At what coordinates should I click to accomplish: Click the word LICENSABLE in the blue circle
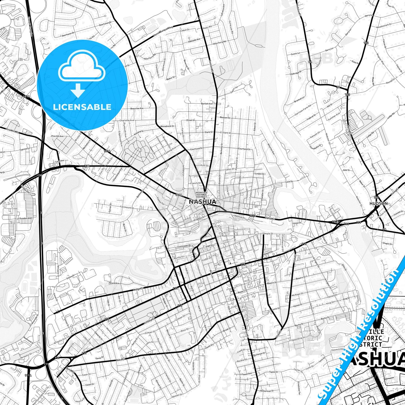(x=82, y=107)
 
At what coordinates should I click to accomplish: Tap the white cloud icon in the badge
(x=82, y=67)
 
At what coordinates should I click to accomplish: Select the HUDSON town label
(x=379, y=203)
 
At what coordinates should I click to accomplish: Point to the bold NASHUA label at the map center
(x=203, y=202)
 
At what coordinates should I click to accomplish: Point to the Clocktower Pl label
(x=184, y=246)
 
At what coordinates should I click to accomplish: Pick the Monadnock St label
(x=167, y=126)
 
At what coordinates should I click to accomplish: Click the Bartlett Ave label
(x=207, y=104)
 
